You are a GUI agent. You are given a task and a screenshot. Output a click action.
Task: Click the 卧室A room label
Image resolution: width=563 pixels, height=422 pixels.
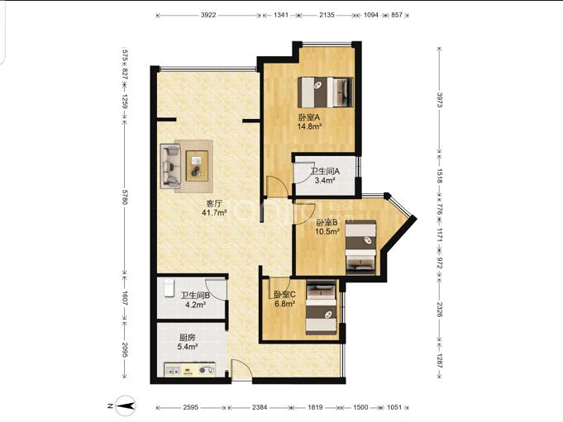[309, 117]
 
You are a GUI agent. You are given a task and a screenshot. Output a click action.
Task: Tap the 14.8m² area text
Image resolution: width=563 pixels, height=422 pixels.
[309, 126]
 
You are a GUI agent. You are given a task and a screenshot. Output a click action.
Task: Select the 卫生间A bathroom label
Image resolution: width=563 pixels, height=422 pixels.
[325, 172]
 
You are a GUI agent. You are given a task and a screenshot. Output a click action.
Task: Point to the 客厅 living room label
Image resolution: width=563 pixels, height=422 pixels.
[214, 204]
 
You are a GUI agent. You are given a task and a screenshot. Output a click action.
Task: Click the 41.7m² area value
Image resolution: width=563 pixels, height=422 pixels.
[214, 213]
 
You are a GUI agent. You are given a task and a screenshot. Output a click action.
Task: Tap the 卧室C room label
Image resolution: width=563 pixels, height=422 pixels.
[284, 295]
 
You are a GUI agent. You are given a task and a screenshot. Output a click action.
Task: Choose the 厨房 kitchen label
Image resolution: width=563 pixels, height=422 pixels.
[188, 338]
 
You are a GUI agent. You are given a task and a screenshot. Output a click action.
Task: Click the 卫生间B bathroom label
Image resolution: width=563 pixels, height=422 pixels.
[195, 296]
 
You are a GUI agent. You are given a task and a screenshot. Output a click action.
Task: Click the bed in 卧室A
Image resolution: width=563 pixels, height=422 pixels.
[325, 92]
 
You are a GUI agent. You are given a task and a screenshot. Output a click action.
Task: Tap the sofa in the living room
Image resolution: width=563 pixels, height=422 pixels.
[170, 166]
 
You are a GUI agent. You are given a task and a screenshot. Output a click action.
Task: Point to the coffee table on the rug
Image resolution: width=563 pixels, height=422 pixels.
[197, 166]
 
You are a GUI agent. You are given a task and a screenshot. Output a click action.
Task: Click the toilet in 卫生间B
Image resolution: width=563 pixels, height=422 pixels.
[169, 288]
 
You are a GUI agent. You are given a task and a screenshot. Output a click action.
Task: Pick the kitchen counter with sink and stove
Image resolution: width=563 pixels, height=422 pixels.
[190, 369]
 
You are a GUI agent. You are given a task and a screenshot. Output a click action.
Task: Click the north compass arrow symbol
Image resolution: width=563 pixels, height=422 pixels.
[126, 405]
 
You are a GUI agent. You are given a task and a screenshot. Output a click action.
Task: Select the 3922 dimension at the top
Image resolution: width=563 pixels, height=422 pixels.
[208, 15]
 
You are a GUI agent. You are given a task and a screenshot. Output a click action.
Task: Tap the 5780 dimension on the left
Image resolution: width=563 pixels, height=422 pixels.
[125, 197]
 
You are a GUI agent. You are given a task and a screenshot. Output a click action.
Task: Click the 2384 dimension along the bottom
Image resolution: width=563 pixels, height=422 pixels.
[260, 407]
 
